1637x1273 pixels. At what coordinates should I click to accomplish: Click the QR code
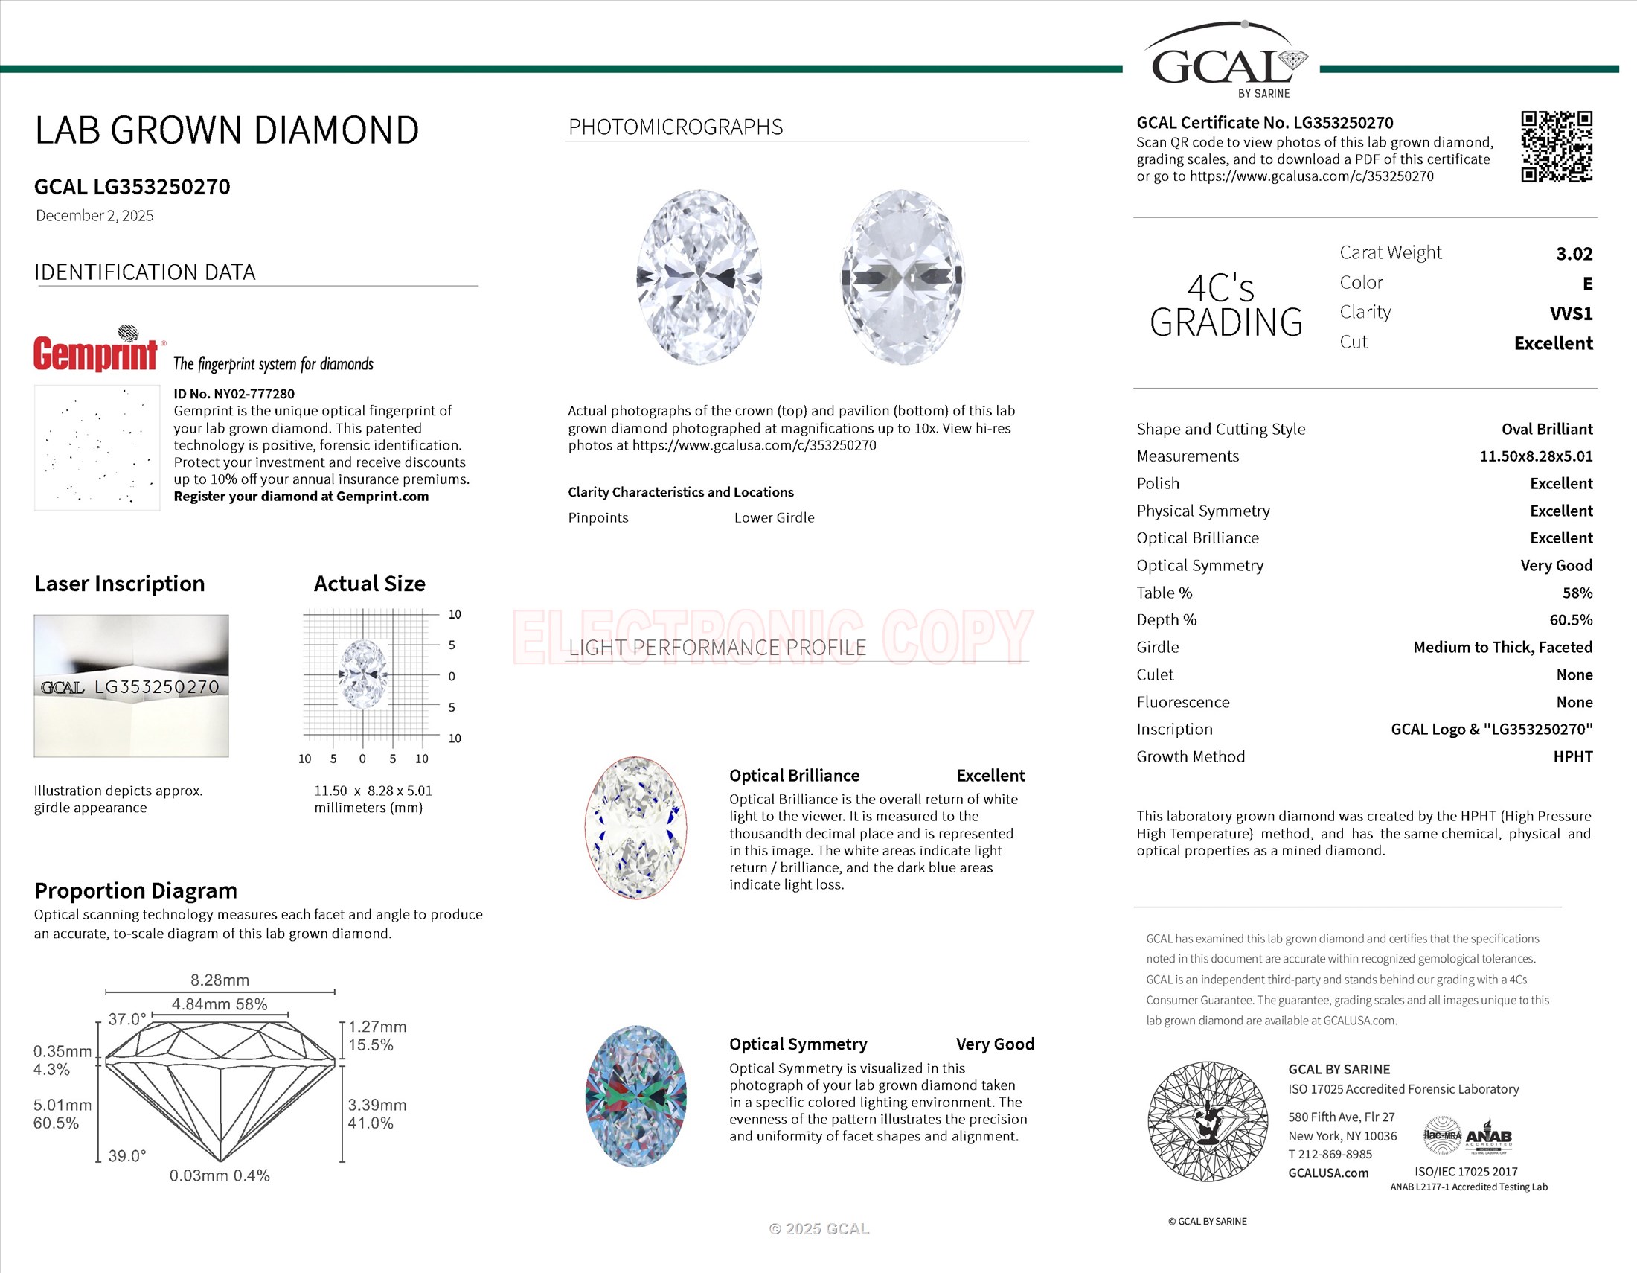tap(1556, 147)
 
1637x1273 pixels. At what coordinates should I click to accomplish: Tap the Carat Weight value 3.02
tap(1573, 254)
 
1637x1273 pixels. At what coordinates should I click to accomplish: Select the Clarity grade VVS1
tap(1570, 313)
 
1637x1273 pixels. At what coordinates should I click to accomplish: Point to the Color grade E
tap(1587, 284)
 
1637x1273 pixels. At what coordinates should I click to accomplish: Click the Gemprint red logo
tap(96, 353)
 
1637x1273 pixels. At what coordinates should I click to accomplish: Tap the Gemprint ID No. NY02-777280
tap(234, 394)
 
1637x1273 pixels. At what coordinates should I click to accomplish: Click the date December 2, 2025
tap(94, 216)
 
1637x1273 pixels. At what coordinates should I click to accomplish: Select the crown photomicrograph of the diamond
tap(699, 278)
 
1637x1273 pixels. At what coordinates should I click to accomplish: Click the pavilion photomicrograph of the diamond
tap(903, 278)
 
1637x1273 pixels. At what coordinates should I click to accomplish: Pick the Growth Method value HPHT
tap(1572, 756)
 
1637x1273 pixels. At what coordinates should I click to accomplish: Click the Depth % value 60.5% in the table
tap(1570, 620)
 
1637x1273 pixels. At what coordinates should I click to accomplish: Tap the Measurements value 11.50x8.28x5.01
tap(1535, 456)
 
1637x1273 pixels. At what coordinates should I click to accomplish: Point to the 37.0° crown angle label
tap(126, 1020)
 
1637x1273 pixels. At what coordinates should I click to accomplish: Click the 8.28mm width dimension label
tap(220, 980)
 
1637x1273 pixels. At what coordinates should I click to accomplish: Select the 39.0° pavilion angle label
tap(126, 1156)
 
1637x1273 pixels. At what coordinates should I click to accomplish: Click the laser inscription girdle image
tap(131, 686)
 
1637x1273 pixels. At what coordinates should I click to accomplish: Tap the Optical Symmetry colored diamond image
tap(635, 1096)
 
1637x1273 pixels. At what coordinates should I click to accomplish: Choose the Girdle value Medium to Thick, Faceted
tap(1502, 647)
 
